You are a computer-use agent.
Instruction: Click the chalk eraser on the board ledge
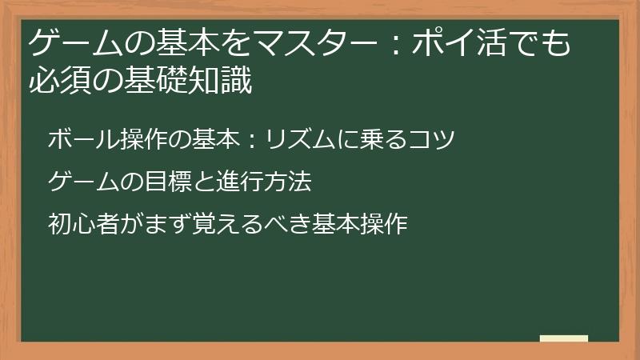564,339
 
